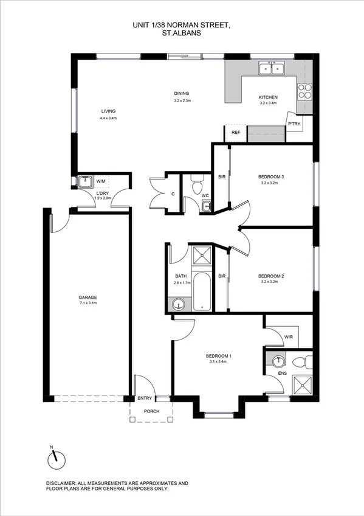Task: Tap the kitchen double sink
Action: [271, 69]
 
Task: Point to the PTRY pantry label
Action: [295, 124]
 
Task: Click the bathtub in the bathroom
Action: [202, 291]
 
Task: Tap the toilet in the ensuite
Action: [300, 363]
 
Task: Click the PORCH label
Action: [151, 411]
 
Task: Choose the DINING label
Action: [182, 94]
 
